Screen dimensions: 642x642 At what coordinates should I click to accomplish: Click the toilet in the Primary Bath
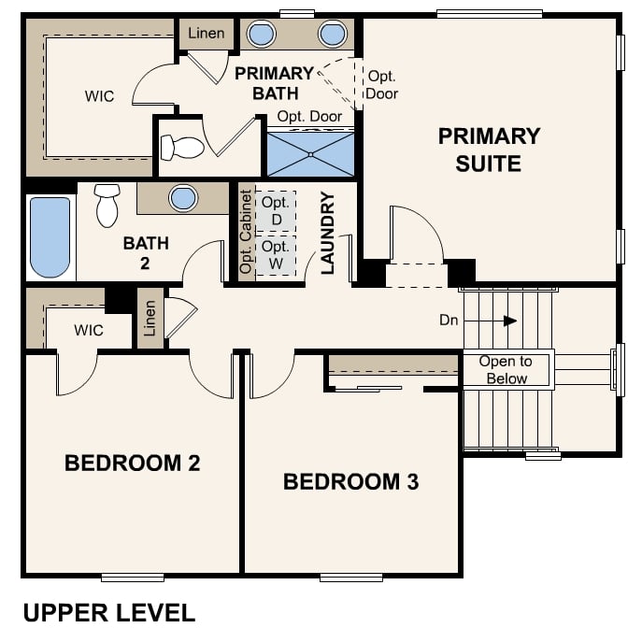pyautogui.click(x=182, y=148)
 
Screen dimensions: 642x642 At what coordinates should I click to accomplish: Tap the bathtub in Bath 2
pyautogui.click(x=50, y=237)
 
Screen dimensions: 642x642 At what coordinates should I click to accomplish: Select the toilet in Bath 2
pyautogui.click(x=107, y=206)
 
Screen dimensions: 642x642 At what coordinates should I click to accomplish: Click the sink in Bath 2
pyautogui.click(x=183, y=198)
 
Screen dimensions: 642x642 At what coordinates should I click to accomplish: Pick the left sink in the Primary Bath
pyautogui.click(x=261, y=34)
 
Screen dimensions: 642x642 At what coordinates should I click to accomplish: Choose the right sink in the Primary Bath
pyautogui.click(x=333, y=34)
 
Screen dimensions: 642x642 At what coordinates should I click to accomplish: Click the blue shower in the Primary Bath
pyautogui.click(x=310, y=154)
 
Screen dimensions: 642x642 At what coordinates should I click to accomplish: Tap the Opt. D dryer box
pyautogui.click(x=276, y=211)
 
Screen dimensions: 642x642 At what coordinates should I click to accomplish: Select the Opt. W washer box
pyautogui.click(x=276, y=255)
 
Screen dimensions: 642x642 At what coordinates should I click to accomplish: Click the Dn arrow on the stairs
pyautogui.click(x=491, y=321)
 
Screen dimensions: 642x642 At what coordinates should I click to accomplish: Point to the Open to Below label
pyautogui.click(x=506, y=370)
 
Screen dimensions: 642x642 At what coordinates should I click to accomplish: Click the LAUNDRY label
pyautogui.click(x=328, y=233)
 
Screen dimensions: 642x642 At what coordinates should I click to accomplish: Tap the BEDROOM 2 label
pyautogui.click(x=133, y=464)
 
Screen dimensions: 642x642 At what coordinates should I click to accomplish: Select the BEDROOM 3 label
pyautogui.click(x=350, y=481)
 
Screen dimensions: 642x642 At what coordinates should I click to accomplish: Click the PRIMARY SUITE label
pyautogui.click(x=489, y=150)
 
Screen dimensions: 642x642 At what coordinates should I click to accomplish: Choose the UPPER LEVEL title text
pyautogui.click(x=109, y=613)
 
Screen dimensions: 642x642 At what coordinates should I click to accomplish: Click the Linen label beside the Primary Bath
pyautogui.click(x=206, y=33)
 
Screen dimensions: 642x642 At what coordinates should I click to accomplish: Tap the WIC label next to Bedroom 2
pyautogui.click(x=89, y=330)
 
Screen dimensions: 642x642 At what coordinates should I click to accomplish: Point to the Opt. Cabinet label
pyautogui.click(x=246, y=232)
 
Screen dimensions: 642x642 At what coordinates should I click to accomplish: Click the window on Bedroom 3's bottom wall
pyautogui.click(x=351, y=578)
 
